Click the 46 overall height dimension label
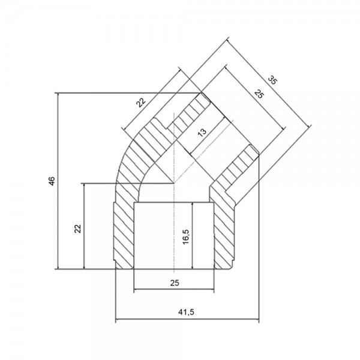click(52, 181)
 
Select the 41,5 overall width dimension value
click(186, 312)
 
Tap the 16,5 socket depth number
click(186, 237)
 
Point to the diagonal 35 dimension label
click(272, 80)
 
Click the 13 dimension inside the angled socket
click(202, 133)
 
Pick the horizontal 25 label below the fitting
click(175, 283)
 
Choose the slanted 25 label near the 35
click(259, 94)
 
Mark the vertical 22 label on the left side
click(78, 229)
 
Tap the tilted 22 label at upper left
click(141, 103)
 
